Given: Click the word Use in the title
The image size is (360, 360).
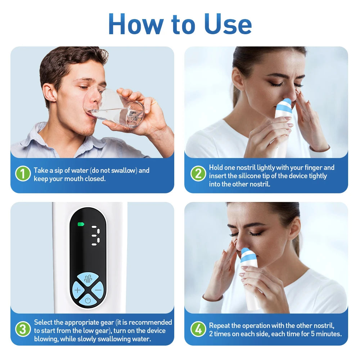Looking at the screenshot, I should click(228, 24).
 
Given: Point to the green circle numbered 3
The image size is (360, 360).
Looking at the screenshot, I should click(23, 329).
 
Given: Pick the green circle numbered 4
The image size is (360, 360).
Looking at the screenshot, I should click(198, 329).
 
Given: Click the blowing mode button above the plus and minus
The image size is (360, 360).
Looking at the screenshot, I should click(88, 278).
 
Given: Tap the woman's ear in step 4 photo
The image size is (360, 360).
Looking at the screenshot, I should click(294, 228).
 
